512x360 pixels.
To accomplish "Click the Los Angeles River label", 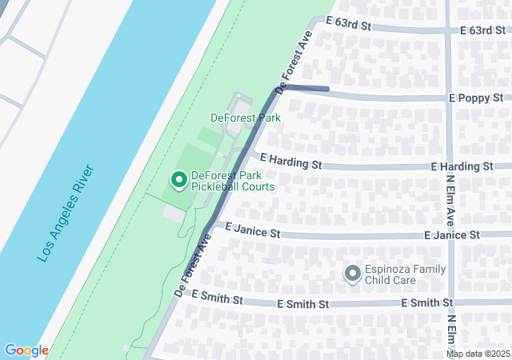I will [x=66, y=214].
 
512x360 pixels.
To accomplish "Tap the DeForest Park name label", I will [x=245, y=118].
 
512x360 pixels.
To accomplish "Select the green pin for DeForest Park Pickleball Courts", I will [x=178, y=182].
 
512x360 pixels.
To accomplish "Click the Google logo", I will [x=26, y=350].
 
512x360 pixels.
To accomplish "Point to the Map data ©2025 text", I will [x=478, y=354].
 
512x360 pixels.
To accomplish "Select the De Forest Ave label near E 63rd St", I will [x=294, y=62].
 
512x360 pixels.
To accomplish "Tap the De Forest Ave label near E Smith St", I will [x=192, y=266].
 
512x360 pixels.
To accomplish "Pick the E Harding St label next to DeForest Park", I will [x=290, y=163].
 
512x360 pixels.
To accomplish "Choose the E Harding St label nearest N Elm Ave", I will [x=461, y=166].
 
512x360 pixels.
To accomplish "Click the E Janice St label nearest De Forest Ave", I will [x=252, y=234].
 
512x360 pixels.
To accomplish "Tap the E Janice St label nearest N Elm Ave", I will [x=452, y=235].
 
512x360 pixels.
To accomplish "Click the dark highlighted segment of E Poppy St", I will [x=308, y=88].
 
